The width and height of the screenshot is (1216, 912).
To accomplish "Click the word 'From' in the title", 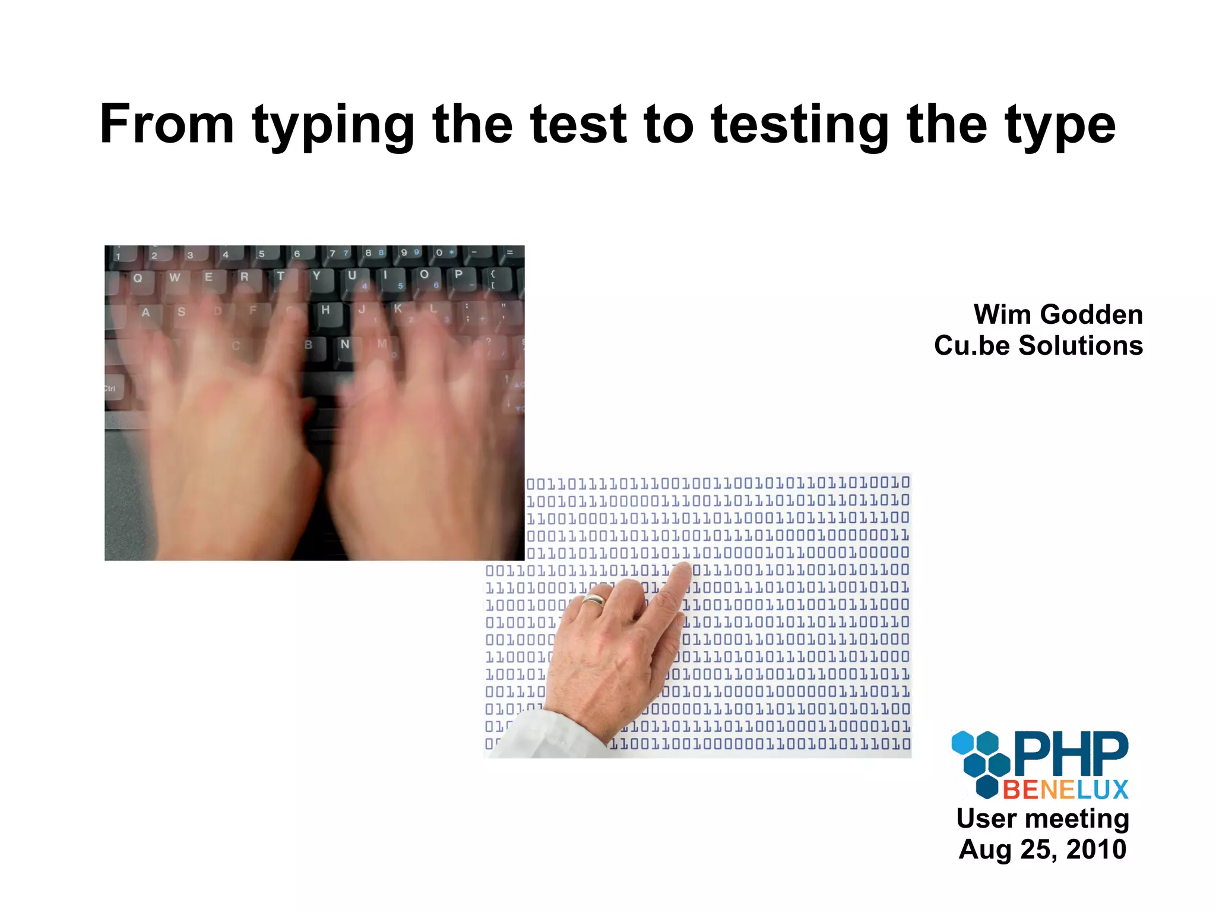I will click(x=167, y=124).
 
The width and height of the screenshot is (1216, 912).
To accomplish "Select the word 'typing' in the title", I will click(x=332, y=126).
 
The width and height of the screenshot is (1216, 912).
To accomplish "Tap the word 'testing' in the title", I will click(x=799, y=126).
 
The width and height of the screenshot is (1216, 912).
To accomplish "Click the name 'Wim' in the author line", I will click(x=1003, y=314).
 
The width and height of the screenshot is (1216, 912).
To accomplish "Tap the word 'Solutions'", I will click(x=1081, y=345).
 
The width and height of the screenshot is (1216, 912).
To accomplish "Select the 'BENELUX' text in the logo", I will click(x=1066, y=790).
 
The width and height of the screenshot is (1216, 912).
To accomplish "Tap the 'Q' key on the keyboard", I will click(x=138, y=278).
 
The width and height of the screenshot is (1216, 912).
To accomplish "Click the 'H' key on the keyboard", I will click(x=325, y=310).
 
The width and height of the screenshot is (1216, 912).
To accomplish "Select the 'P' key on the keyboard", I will click(x=458, y=274).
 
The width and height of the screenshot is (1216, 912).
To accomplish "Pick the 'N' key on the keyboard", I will click(x=345, y=345).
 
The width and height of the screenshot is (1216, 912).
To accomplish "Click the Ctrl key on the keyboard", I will click(x=111, y=389).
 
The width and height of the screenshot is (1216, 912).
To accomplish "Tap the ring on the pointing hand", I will click(x=594, y=601).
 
